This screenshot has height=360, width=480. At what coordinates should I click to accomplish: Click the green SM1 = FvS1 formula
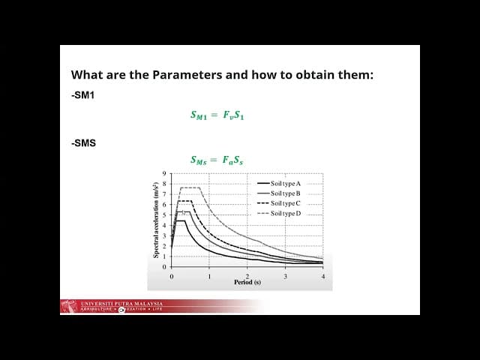217,115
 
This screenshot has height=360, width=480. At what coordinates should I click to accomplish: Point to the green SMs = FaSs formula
217,160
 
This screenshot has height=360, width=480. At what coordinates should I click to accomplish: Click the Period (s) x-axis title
247,283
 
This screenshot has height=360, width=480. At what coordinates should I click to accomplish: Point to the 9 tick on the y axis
164,175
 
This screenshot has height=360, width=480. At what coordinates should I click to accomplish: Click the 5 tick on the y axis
164,215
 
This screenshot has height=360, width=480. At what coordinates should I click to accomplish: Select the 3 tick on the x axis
285,276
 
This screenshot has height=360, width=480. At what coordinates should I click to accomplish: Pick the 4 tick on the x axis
322,276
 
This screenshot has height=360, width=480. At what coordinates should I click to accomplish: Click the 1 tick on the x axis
209,276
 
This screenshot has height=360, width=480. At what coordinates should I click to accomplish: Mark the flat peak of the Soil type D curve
190,187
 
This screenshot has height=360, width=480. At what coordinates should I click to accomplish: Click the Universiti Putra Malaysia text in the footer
121,303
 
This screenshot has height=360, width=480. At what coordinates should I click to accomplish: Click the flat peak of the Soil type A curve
181,220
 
